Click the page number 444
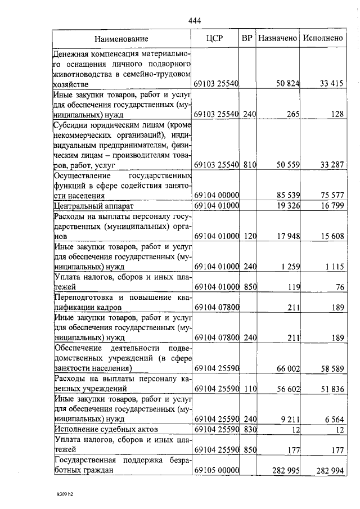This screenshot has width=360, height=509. (x=195, y=21)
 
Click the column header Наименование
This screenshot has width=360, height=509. (x=121, y=39)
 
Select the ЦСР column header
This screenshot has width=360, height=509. (x=215, y=39)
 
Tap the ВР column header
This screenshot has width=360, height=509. (x=246, y=39)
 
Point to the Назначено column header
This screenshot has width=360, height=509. (x=277, y=39)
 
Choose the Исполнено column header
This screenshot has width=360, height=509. (x=323, y=39)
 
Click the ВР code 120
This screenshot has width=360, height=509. (x=250, y=237)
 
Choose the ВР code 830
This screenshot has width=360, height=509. (x=250, y=430)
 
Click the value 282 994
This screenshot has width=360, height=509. (x=329, y=471)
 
